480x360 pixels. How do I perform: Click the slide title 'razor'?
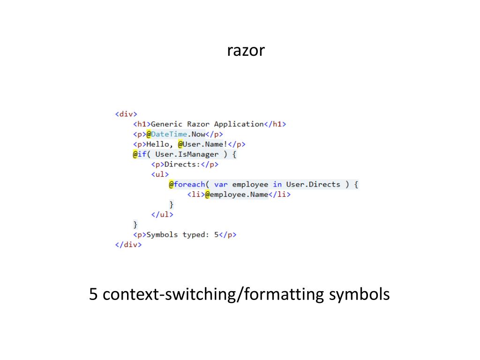pos(246,50)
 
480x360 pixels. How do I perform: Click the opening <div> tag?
pos(126,114)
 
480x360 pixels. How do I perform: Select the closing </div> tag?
pos(128,245)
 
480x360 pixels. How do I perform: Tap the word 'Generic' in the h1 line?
pos(166,124)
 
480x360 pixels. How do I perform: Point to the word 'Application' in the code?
pos(239,124)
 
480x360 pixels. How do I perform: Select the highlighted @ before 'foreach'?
pos(172,185)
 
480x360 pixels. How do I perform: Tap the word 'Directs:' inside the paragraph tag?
pos(180,165)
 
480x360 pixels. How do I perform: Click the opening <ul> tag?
pos(159,174)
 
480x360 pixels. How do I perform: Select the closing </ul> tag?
pos(162,215)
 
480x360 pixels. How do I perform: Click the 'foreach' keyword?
pos(190,185)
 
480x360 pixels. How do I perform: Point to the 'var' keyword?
pos(221,185)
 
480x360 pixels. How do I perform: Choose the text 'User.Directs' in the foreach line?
pos(313,185)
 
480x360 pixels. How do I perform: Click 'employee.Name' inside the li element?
pos(239,195)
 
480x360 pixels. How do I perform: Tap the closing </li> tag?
pos(279,195)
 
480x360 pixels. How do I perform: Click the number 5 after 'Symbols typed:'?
pos(217,235)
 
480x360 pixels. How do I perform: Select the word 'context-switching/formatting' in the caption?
pos(213,295)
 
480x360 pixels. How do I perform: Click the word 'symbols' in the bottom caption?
pos(359,295)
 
